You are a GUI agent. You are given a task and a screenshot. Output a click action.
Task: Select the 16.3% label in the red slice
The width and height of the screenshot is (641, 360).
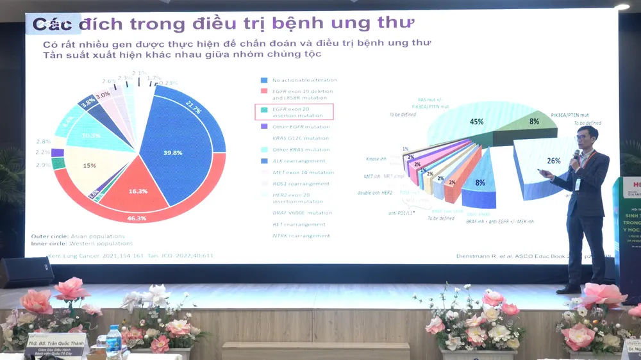[138, 191]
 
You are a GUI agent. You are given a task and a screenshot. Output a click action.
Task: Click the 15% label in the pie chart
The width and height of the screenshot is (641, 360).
[90, 166]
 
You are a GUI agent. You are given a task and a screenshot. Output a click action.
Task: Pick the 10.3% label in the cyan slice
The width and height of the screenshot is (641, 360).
[92, 136]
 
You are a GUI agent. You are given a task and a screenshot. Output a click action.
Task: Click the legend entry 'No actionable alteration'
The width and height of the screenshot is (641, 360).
[304, 80]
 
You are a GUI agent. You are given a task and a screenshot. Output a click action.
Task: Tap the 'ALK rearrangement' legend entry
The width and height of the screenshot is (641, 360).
[298, 161]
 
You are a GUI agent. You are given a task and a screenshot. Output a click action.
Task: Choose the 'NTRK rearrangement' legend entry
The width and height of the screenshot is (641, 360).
[301, 236]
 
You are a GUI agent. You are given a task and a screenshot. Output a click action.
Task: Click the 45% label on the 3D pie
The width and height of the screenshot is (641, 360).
[477, 121]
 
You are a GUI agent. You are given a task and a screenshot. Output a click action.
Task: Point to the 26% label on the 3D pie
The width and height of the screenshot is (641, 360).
[553, 161]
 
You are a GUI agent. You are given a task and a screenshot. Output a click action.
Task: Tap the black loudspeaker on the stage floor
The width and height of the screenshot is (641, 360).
[26, 272]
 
